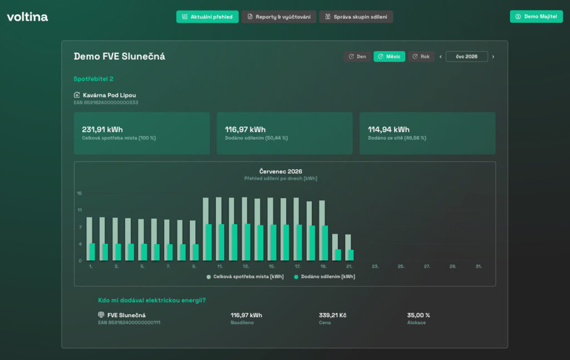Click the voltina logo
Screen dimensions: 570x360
[x=27, y=17]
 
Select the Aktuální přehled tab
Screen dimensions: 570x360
[x=207, y=17]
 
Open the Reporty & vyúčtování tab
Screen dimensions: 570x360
[x=279, y=17]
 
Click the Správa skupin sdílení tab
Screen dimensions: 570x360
[x=356, y=17]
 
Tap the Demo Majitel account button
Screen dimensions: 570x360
[x=536, y=16]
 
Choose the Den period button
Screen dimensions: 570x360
[x=357, y=56]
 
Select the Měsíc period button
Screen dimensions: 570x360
[x=389, y=56]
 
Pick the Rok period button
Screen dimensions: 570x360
[x=421, y=56]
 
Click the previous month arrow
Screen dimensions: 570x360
[x=441, y=57]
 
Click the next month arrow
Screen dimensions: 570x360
[x=493, y=57]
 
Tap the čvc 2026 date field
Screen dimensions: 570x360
[x=467, y=56]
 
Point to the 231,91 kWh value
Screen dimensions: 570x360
[x=102, y=129]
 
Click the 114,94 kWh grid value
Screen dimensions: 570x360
[x=389, y=129]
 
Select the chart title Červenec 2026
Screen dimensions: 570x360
[x=281, y=171]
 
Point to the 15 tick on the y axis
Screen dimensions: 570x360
[x=79, y=193]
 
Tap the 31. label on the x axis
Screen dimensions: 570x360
[x=479, y=267]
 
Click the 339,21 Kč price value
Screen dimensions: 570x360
[x=333, y=315]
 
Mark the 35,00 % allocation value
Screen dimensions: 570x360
[x=419, y=315]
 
